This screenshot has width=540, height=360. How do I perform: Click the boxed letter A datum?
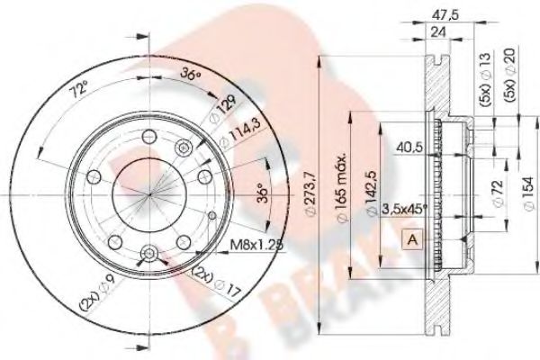pos(411,239)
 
